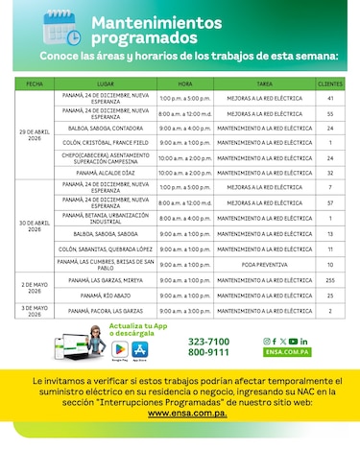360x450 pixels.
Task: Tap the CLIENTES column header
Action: [329, 85]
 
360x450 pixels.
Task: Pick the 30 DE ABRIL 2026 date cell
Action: [34, 225]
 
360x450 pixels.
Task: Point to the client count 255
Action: [329, 279]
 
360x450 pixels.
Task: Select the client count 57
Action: [329, 203]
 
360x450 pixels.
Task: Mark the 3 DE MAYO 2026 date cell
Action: [34, 310]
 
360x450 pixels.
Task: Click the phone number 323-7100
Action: [208, 342]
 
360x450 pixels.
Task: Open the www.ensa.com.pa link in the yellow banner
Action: [180, 412]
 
